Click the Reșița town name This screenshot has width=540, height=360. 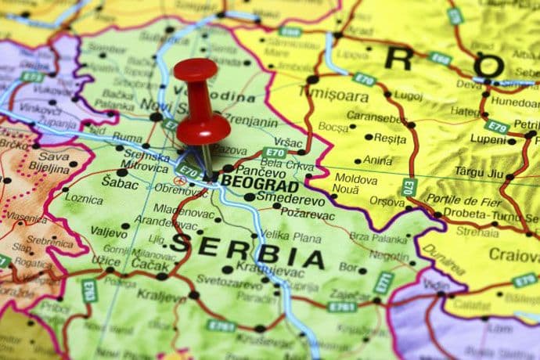(390, 138)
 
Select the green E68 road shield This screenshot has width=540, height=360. (439, 58)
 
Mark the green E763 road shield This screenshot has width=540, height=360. (89, 290)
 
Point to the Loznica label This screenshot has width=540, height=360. (84, 199)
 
